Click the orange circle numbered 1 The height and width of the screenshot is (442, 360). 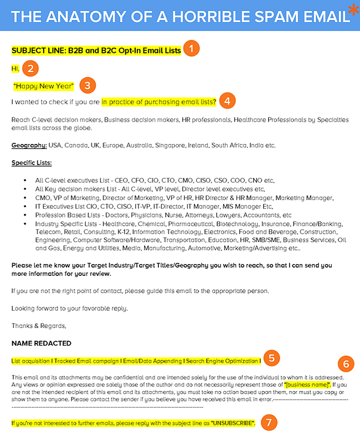tap(191, 49)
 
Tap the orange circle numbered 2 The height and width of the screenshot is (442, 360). tap(31, 69)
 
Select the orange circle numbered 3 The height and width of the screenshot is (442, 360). tap(88, 85)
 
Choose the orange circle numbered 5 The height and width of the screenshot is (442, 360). tap(271, 358)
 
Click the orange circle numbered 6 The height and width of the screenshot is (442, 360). tap(346, 364)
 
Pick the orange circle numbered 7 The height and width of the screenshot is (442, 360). tap(269, 422)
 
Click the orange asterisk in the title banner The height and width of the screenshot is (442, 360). tap(353, 10)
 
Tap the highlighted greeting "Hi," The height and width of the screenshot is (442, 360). tap(16, 69)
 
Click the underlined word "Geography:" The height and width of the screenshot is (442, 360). tap(28, 146)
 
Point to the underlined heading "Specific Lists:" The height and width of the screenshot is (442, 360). tap(32, 163)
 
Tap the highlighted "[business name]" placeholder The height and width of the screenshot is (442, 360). tap(307, 384)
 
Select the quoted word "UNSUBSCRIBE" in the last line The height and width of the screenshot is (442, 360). tap(233, 423)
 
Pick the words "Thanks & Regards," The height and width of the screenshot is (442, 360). tap(39, 326)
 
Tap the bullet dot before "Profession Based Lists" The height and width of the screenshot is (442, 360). tap(25, 215)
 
